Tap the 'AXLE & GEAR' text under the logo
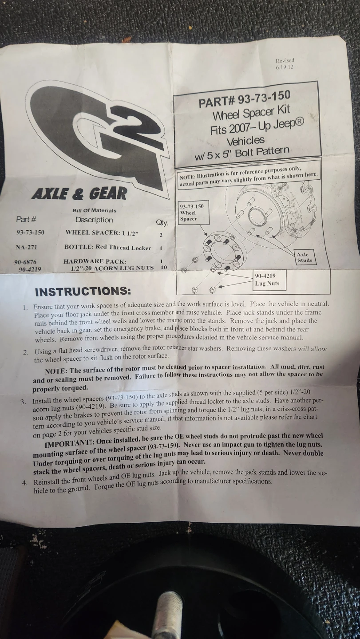tap(79, 193)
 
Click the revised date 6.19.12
tap(285, 67)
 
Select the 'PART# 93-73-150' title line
tap(245, 99)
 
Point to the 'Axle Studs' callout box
tap(305, 257)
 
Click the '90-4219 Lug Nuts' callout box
tap(269, 280)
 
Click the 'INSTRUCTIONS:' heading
tap(83, 292)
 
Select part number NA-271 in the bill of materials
tap(26, 247)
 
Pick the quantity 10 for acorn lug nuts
tap(164, 267)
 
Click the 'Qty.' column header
tap(162, 222)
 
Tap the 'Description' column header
tap(94, 220)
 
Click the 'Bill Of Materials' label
tap(95, 210)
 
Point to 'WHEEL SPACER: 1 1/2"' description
tap(102, 233)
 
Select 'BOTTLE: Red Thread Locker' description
tap(107, 248)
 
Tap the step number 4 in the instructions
tap(25, 483)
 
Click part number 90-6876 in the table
tap(25, 262)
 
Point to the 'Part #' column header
tap(26, 219)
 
